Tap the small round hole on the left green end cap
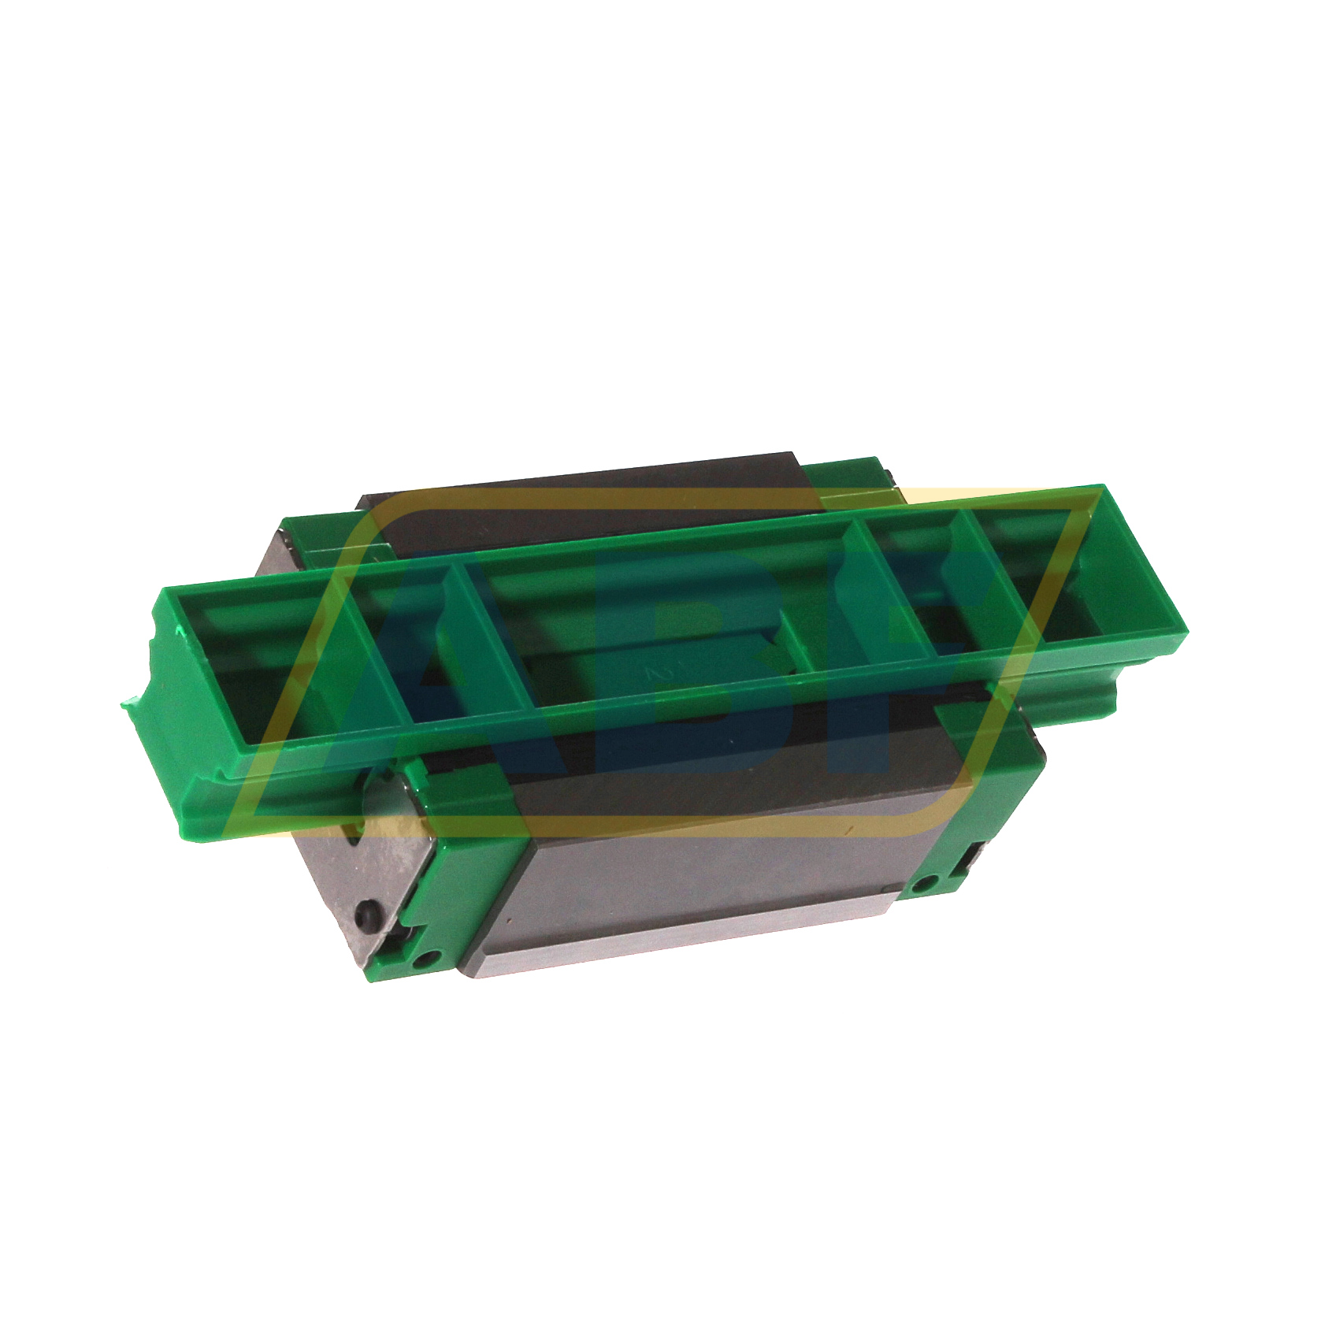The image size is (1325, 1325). [428, 959]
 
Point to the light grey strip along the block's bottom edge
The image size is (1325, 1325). [677, 941]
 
